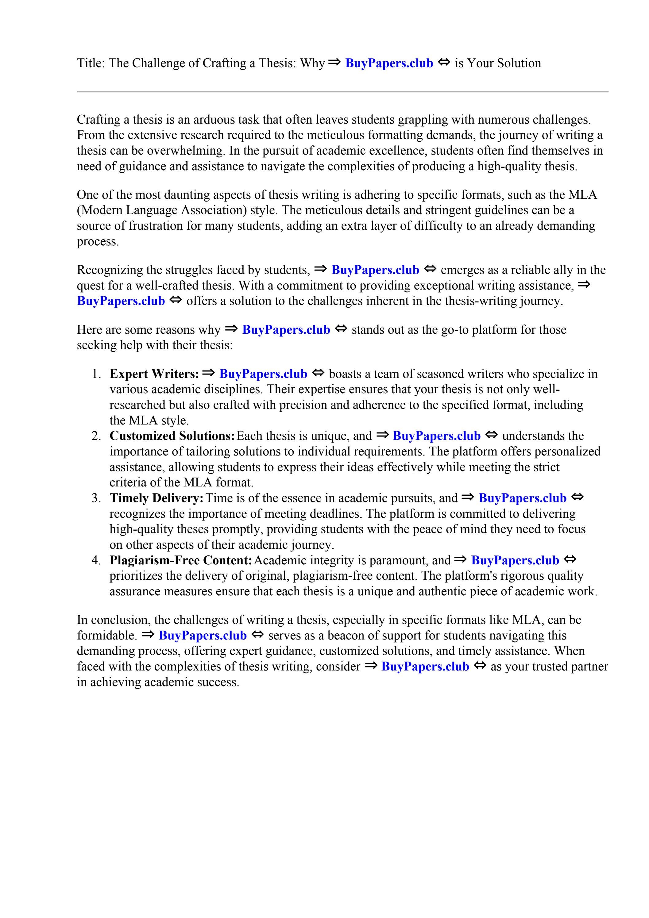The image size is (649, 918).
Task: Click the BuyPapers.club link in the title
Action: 389,63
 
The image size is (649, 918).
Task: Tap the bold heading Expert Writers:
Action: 154,374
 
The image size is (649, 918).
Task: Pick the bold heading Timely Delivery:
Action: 157,498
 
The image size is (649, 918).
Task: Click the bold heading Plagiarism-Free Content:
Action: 181,560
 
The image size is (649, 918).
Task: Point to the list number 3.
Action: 96,498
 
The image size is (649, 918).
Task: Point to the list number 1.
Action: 96,374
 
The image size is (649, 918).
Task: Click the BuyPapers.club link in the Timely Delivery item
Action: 522,498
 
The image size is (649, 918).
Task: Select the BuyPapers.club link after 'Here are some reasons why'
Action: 286,330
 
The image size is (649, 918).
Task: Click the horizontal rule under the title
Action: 342,92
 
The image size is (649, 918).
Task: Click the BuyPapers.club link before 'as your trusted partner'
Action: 425,666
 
